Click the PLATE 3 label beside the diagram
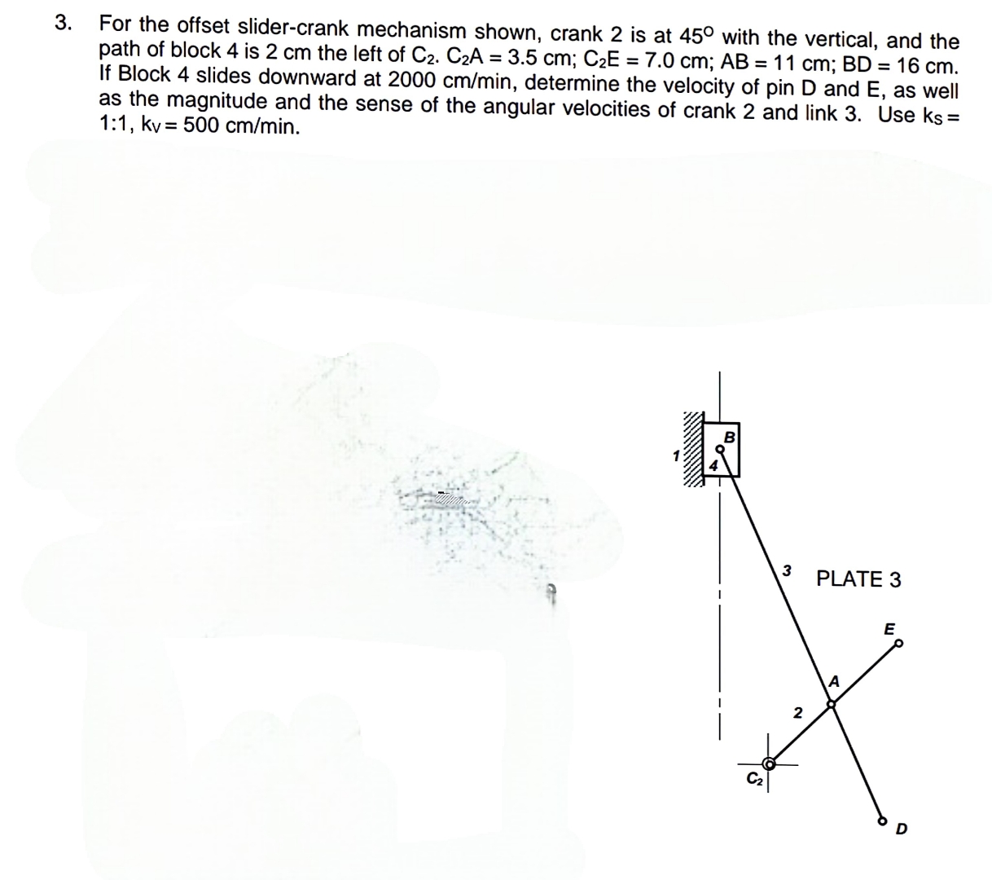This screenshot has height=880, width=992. coord(858,579)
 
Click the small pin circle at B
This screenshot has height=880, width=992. coord(719,447)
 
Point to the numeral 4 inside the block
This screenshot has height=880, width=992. coord(713,466)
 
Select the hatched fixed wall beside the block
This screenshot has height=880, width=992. coord(692,449)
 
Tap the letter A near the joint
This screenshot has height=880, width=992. coord(834,681)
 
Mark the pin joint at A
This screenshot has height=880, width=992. coord(831,706)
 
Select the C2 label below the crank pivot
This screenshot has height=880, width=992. coord(753,777)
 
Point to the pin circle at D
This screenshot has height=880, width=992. coord(880,821)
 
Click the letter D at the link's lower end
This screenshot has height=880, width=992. coord(901,830)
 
